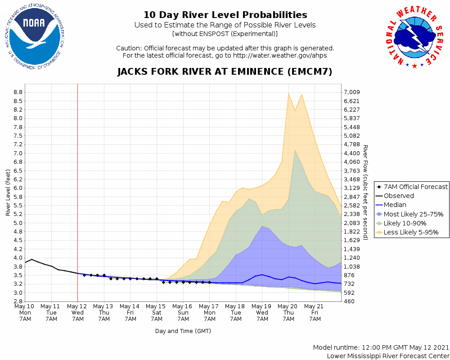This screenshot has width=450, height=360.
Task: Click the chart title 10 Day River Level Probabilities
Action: [x=225, y=15]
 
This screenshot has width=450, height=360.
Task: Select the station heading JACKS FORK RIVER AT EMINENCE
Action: [x=225, y=72]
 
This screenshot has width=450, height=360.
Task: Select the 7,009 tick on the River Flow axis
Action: [x=352, y=92]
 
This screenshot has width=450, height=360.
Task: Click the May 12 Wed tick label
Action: [x=78, y=312]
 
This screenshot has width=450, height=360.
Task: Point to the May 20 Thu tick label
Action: [x=288, y=312]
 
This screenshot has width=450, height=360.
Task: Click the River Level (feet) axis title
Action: [x=8, y=193]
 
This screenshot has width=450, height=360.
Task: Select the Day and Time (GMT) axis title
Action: [x=183, y=331]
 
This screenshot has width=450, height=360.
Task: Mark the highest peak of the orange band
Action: [x=288, y=93]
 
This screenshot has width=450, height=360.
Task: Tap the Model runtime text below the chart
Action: [x=381, y=348]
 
